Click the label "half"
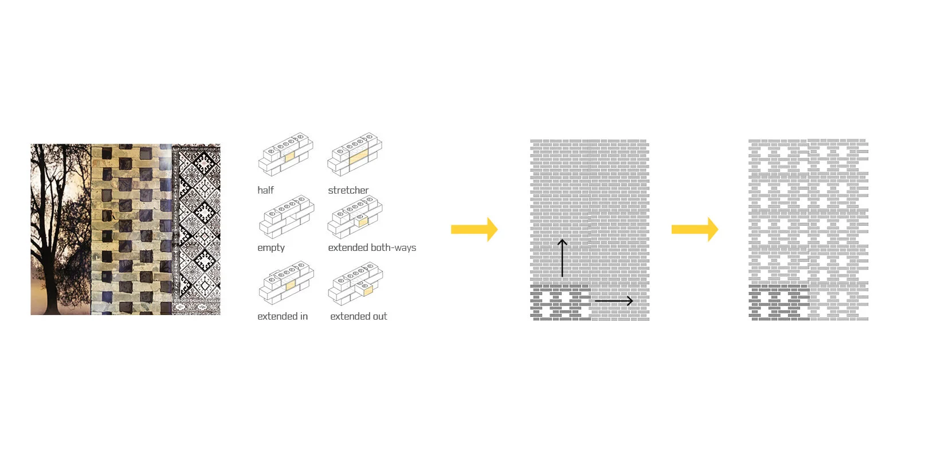pyautogui.click(x=265, y=190)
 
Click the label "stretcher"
pyautogui.click(x=348, y=190)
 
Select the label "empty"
pyautogui.click(x=271, y=247)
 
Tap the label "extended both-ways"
pyautogui.click(x=372, y=247)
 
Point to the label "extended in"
pyautogui.click(x=283, y=316)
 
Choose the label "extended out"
pyautogui.click(x=358, y=316)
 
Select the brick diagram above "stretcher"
pyautogui.click(x=355, y=155)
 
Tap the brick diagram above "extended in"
pyautogui.click(x=286, y=283)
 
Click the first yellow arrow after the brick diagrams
pyautogui.click(x=474, y=230)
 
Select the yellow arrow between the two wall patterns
pyautogui.click(x=695, y=230)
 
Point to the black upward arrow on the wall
pyautogui.click(x=562, y=258)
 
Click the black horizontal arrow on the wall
pyautogui.click(x=613, y=301)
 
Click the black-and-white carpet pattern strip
pyautogui.click(x=197, y=229)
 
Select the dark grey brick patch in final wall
pyautogui.click(x=778, y=303)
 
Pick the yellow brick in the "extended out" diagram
pyautogui.click(x=367, y=291)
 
